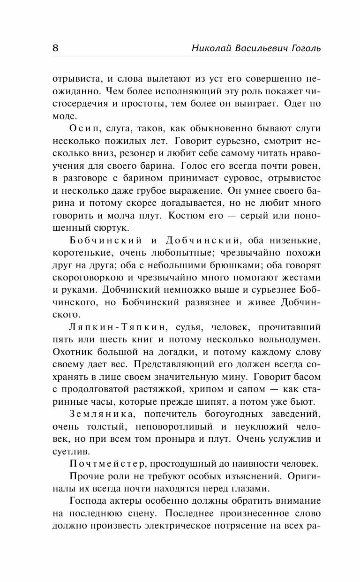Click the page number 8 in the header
pos(55,48)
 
